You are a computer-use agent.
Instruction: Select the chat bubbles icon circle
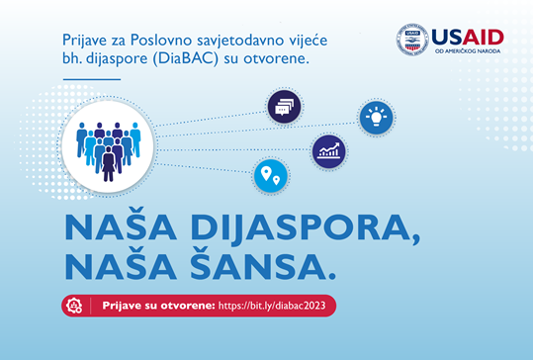tap(285, 106)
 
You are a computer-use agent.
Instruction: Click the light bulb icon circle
tap(375, 117)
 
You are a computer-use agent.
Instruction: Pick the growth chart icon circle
tap(328, 152)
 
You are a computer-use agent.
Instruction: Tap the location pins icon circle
tap(269, 177)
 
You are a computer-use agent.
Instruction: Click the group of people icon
tap(108, 151)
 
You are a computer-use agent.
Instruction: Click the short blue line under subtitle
tap(97, 79)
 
